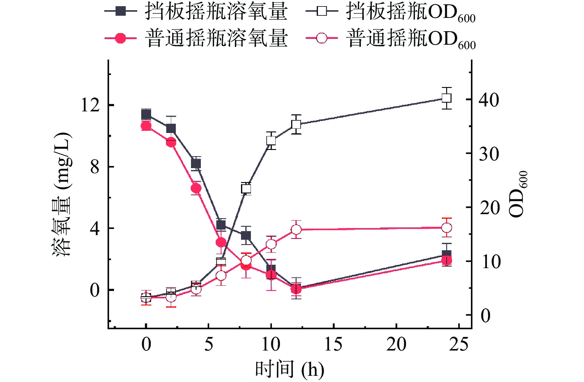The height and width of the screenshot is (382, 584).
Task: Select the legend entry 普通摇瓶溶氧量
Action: pos(196,39)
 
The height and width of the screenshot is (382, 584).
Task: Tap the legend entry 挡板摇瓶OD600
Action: pos(391,12)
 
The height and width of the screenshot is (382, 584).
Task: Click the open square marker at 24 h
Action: pos(446,98)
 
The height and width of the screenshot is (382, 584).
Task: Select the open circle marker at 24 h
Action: pos(446,228)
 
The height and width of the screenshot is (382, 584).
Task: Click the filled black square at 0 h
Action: pos(146,115)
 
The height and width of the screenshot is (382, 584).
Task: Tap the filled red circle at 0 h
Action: pos(146,126)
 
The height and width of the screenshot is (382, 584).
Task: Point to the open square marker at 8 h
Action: pos(246,189)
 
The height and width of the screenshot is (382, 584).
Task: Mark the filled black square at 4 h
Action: pos(196,164)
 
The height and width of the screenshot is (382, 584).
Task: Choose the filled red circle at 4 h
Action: pos(196,188)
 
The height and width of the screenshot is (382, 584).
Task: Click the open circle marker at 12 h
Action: pos(296,230)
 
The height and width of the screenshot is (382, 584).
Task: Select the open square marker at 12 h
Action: pos(296,124)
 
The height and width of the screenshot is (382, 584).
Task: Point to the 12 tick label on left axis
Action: pos(90,105)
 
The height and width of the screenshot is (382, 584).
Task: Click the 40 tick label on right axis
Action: pos(489,100)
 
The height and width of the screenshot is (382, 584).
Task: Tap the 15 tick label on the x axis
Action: pos(333,344)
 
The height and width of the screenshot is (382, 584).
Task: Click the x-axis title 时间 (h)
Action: pos(290,369)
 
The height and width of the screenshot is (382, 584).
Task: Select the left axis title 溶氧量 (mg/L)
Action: pos(61,194)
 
